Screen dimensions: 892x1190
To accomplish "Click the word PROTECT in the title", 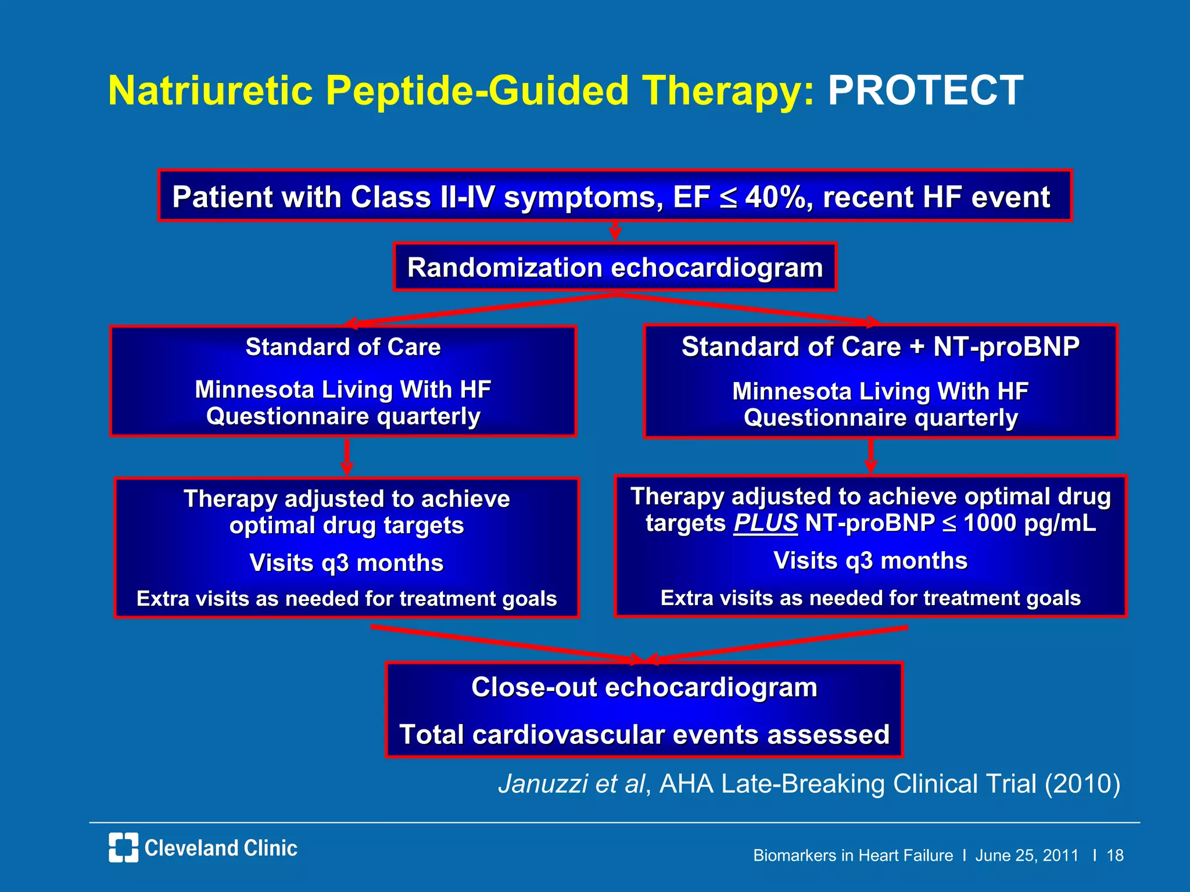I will [925, 91].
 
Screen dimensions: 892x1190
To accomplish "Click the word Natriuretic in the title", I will [211, 91].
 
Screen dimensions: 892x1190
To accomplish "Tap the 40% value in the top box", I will [775, 197].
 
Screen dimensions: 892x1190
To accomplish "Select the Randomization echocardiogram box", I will [615, 267].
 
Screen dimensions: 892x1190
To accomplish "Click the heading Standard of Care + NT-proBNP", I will [880, 347].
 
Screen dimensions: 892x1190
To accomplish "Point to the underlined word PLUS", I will [765, 523].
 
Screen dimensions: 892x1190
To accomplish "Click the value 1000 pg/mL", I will [1029, 523].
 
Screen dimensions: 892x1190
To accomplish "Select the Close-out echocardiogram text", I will [644, 687].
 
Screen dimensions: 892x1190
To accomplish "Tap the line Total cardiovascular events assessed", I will [644, 734].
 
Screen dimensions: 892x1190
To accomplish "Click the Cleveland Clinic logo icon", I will [123, 847].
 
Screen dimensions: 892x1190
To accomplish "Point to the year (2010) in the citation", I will [1082, 783].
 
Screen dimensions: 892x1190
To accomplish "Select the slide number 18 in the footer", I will [1114, 855].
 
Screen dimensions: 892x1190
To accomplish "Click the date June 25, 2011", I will [1026, 855].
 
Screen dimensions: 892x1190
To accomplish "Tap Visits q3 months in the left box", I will [346, 563].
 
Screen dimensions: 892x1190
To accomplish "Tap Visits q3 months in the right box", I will [870, 560].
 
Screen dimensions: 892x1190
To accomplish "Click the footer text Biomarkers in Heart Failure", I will [852, 855].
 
